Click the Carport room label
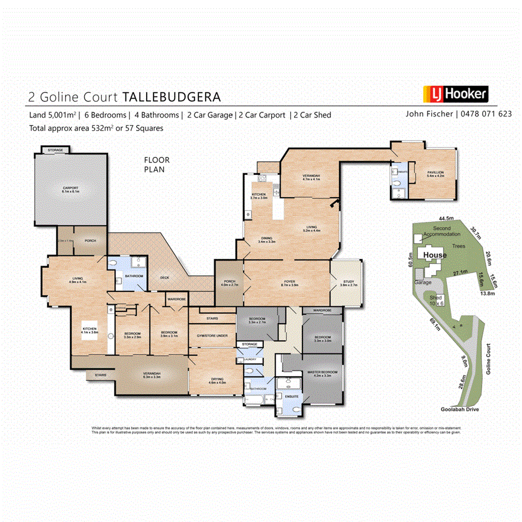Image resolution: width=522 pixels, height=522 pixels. point(70,189)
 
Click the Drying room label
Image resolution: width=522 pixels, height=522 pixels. point(216,381)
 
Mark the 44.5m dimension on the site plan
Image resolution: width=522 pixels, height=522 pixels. point(446,218)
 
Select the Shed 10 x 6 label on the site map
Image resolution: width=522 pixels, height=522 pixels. point(435,300)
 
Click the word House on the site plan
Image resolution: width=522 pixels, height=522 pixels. point(435,255)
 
